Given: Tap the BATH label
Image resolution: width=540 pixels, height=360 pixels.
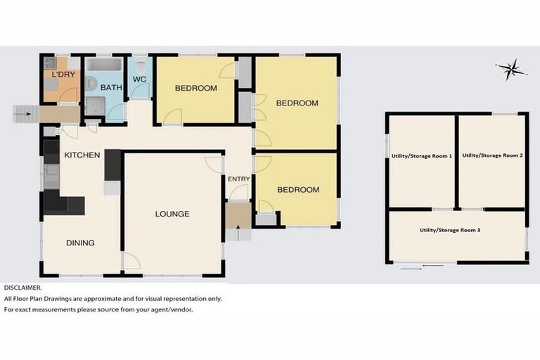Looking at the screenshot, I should (110, 88).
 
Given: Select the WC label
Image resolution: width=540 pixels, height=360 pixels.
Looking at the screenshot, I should (139, 79).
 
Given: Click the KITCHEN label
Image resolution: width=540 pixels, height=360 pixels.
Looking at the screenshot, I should (82, 155).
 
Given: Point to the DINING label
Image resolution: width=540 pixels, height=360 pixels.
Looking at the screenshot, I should (80, 243).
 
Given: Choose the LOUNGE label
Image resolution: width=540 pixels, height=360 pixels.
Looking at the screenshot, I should (172, 214).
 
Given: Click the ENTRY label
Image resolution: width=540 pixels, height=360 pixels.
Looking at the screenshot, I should (238, 179).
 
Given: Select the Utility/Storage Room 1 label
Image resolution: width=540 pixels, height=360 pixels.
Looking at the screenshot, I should (421, 155).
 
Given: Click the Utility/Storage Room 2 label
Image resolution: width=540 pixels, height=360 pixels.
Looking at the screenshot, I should (492, 155).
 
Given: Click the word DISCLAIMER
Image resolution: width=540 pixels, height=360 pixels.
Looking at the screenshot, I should (22, 288).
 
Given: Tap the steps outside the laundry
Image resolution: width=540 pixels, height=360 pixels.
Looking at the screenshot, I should (23, 112).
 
